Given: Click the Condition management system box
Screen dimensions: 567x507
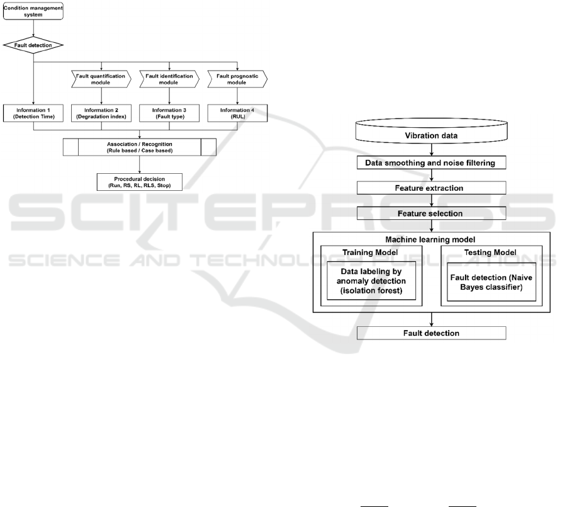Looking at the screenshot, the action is point(33,11).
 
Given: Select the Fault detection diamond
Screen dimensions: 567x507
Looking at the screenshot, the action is point(33,45).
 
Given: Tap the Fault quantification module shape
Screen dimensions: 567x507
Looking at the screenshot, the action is point(101,79).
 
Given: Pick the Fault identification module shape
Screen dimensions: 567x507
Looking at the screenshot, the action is point(169,79).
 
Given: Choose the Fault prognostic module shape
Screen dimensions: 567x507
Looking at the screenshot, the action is point(237,79).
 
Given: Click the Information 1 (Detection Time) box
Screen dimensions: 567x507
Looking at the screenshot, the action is point(33,113).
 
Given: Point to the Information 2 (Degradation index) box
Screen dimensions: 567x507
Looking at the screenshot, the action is point(101,113).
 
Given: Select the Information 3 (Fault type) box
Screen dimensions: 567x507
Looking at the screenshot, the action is point(169,113).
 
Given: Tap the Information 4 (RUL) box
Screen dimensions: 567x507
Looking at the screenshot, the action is point(237,113).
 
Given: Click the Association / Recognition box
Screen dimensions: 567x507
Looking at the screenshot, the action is point(140,147).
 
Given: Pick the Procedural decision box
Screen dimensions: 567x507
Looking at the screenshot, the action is point(140,182).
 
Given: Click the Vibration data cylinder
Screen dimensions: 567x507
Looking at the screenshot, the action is point(432,131).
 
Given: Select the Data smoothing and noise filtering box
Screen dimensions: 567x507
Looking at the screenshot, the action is point(432,163).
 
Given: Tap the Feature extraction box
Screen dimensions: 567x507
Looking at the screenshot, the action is point(432,188).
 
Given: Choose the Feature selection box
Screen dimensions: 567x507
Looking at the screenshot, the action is point(432,214).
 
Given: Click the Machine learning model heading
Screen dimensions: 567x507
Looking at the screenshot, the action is point(430,239).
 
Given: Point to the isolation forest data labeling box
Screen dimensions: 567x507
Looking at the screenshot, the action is point(371,281).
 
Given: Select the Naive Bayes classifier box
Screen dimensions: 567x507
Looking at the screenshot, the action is point(491,282).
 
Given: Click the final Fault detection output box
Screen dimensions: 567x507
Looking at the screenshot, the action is point(432,333).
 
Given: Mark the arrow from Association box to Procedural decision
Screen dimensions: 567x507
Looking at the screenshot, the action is point(140,164).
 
